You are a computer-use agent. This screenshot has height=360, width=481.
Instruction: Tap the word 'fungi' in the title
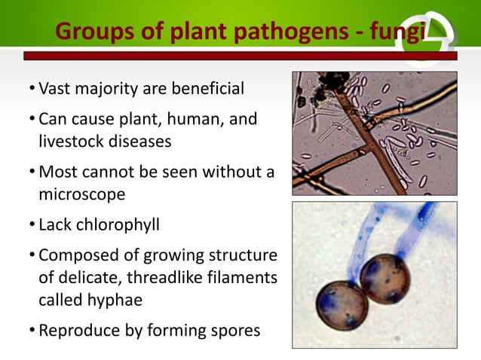pyautogui.click(x=400, y=32)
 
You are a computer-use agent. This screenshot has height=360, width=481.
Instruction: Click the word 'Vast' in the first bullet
pyautogui.click(x=54, y=90)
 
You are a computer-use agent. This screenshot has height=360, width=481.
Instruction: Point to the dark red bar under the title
pyautogui.click(x=226, y=56)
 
